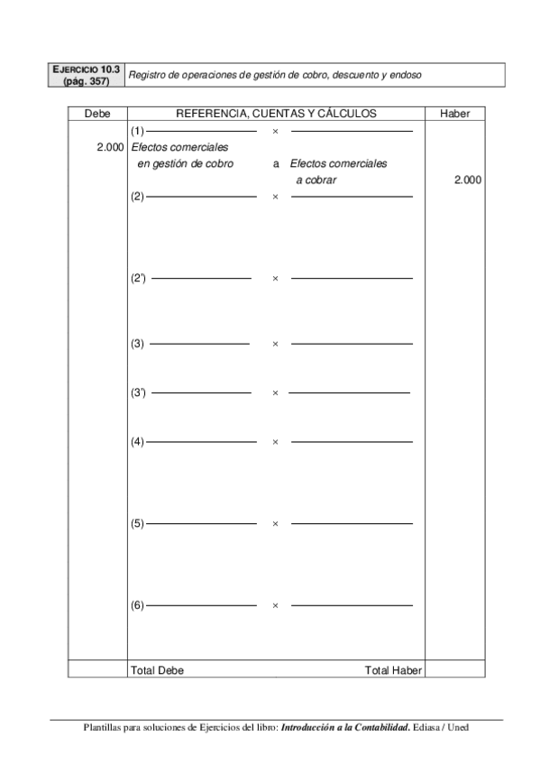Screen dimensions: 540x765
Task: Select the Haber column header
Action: [454, 114]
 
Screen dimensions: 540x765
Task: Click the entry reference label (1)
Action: [137, 131]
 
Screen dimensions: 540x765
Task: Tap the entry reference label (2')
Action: [139, 278]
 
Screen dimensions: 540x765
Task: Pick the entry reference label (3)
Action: [137, 344]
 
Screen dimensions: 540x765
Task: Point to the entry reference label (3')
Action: [139, 392]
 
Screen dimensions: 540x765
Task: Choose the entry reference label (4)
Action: [137, 441]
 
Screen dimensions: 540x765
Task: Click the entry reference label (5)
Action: [137, 523]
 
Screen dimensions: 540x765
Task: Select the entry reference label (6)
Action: [137, 605]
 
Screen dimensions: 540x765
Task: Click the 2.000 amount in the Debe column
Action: [110, 147]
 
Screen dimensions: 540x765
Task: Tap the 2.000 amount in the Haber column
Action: [467, 180]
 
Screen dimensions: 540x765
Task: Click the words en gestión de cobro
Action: [185, 163]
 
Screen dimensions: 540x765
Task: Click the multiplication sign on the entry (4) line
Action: [275, 442]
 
